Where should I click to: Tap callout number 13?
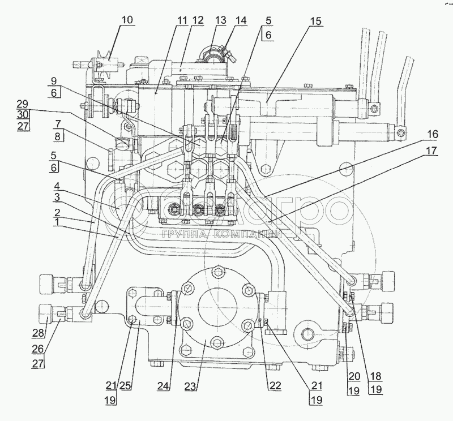[x=221, y=20]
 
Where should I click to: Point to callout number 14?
[x=241, y=20]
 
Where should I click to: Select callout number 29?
[x=22, y=105]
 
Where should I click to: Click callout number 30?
[x=22, y=115]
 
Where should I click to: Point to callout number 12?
[x=198, y=20]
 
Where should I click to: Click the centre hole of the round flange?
[x=217, y=302]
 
